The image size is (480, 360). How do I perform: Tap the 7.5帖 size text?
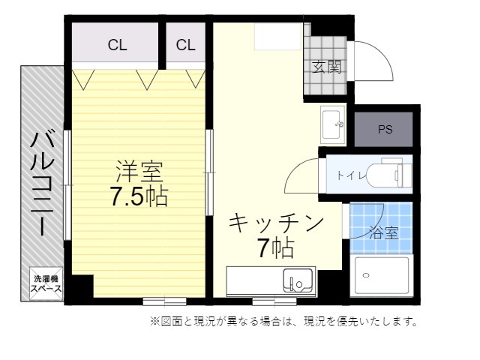[139, 196]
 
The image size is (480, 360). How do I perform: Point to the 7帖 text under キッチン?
[275, 247]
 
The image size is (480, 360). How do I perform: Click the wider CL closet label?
[117, 45]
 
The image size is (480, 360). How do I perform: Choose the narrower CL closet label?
[185, 45]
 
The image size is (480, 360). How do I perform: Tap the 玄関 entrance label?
[326, 67]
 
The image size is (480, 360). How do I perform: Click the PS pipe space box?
[384, 130]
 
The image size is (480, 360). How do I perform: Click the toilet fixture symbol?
[394, 172]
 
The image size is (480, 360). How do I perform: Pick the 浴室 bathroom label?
[384, 232]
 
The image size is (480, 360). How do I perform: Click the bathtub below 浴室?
[382, 276]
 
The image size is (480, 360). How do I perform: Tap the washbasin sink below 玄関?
[333, 124]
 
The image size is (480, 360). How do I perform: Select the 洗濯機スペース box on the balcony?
[46, 284]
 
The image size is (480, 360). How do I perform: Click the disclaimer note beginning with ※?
[283, 322]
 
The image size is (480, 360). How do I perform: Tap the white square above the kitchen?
[278, 37]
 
